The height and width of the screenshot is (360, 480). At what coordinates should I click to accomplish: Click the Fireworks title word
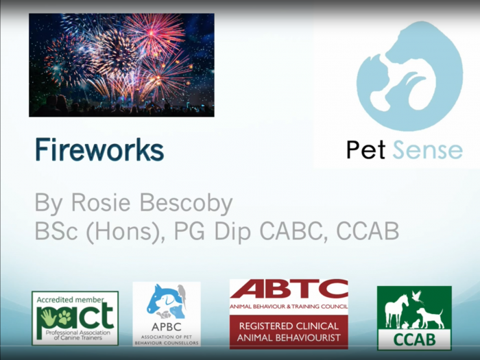[x=99, y=149]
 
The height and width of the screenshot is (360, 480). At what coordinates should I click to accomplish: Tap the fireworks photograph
[x=121, y=65]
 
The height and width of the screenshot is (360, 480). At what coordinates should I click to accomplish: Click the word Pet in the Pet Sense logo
[x=365, y=149]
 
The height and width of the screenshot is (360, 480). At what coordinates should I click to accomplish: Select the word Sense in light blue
[x=428, y=149]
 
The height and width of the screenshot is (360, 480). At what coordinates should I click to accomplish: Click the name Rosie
[x=101, y=202]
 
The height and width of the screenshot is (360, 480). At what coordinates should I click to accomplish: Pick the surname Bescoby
[x=186, y=204]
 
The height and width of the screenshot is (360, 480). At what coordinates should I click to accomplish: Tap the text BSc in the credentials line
[x=56, y=231]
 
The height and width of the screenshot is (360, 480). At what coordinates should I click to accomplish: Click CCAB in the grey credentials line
[x=368, y=231]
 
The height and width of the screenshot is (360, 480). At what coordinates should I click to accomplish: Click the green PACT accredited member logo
[x=75, y=318]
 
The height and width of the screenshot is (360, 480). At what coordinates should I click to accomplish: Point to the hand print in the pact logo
[x=48, y=317]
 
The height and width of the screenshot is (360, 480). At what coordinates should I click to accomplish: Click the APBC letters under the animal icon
[x=167, y=326]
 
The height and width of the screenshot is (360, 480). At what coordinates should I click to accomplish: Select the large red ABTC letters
[x=289, y=289]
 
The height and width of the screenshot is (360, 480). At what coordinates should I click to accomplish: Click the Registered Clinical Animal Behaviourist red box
[x=289, y=332]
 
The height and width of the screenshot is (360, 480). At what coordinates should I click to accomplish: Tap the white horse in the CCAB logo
[x=396, y=311]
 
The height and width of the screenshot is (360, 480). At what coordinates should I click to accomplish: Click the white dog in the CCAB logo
[x=430, y=317]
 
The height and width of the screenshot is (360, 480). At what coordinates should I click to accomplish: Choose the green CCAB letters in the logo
[x=414, y=339]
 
